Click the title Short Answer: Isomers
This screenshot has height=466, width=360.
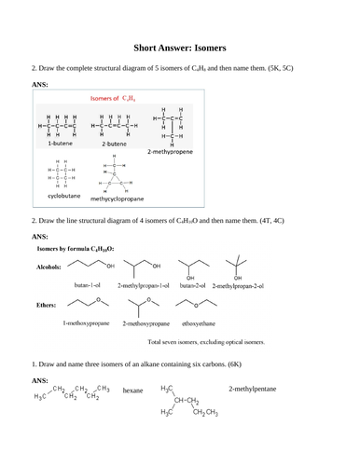[180, 46]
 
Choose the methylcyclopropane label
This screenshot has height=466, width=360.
[118, 199]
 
